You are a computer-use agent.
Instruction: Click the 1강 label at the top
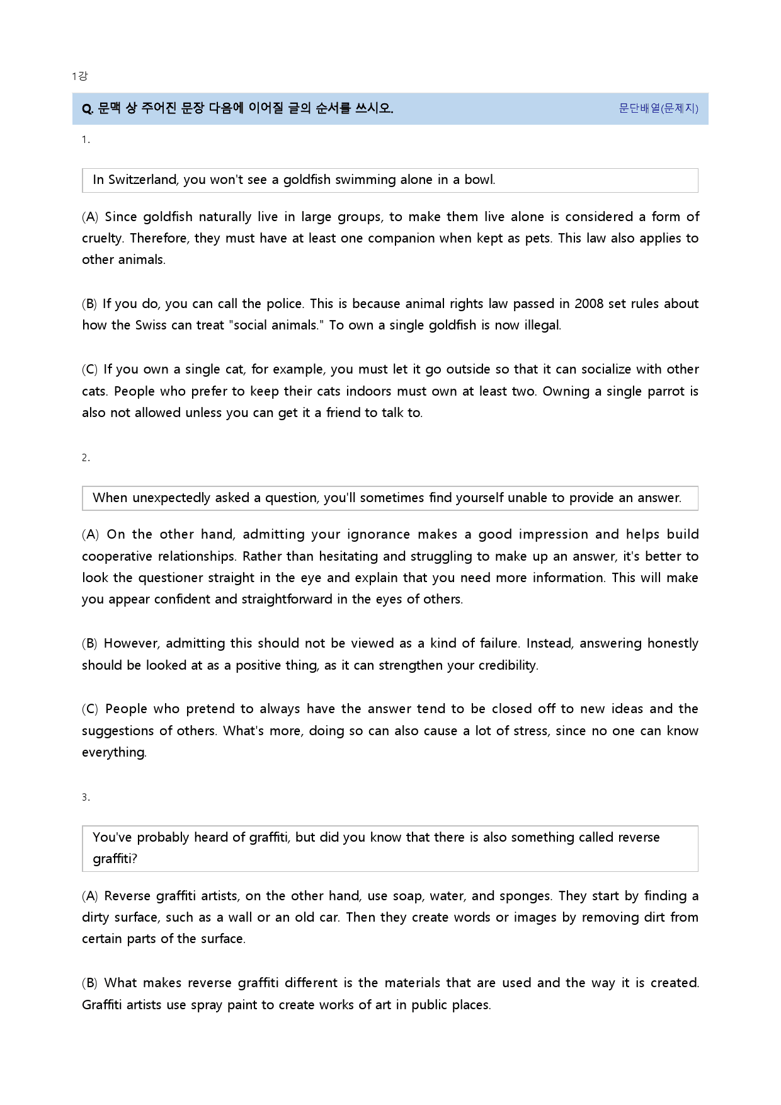tap(79, 76)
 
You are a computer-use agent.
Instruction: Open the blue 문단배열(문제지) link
tap(658, 108)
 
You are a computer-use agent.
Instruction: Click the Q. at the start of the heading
tap(88, 109)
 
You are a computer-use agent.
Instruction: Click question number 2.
tap(85, 457)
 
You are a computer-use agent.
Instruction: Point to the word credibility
tap(500, 665)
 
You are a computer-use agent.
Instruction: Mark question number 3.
tap(85, 797)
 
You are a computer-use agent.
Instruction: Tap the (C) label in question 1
tap(90, 369)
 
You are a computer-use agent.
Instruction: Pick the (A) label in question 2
tap(90, 534)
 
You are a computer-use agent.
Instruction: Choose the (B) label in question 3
tap(90, 983)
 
